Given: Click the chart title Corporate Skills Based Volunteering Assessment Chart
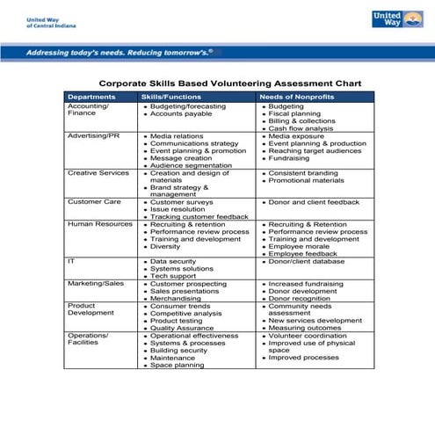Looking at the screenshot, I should (x=230, y=83).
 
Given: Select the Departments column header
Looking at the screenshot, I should (x=91, y=97).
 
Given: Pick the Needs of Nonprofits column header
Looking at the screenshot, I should (x=295, y=97).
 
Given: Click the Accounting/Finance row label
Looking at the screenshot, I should (x=88, y=110).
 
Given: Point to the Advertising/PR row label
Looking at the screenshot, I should (x=94, y=136).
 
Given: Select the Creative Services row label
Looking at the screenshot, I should (x=98, y=173).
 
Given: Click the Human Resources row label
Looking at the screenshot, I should (x=99, y=224).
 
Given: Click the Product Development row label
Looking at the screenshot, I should (x=91, y=309).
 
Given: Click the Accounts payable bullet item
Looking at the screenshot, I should (x=181, y=114).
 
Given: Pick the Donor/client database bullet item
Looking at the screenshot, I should (x=307, y=261).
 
